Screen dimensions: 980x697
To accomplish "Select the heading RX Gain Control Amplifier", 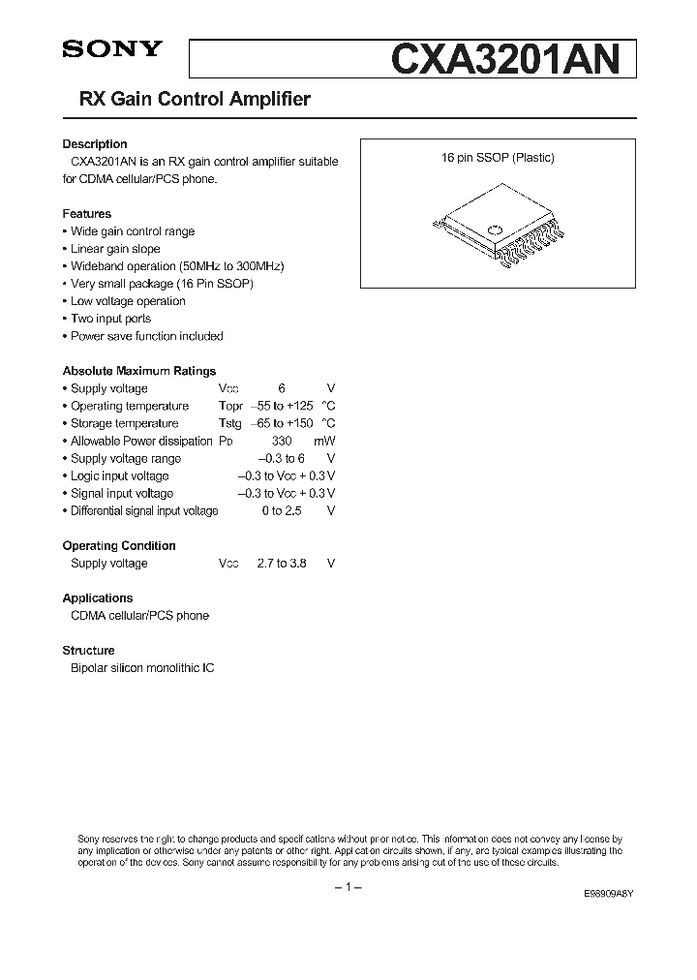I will (187, 100).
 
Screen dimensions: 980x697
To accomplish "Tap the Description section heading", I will (95, 144).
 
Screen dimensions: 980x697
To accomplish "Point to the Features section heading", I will (87, 214).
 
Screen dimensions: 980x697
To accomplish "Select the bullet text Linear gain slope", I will (115, 249).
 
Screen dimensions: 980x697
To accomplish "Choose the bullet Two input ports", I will (110, 319).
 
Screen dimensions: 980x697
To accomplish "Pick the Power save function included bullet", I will (146, 336).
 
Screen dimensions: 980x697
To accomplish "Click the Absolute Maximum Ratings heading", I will (139, 371).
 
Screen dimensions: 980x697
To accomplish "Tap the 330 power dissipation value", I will (282, 441).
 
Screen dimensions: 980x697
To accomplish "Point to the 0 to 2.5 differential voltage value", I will (282, 510).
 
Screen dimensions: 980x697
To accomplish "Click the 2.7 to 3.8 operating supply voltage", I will (282, 563).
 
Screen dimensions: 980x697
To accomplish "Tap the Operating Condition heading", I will (119, 545).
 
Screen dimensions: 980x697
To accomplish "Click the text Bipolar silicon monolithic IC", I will (142, 667).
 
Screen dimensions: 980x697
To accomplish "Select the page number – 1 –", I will (348, 888).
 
